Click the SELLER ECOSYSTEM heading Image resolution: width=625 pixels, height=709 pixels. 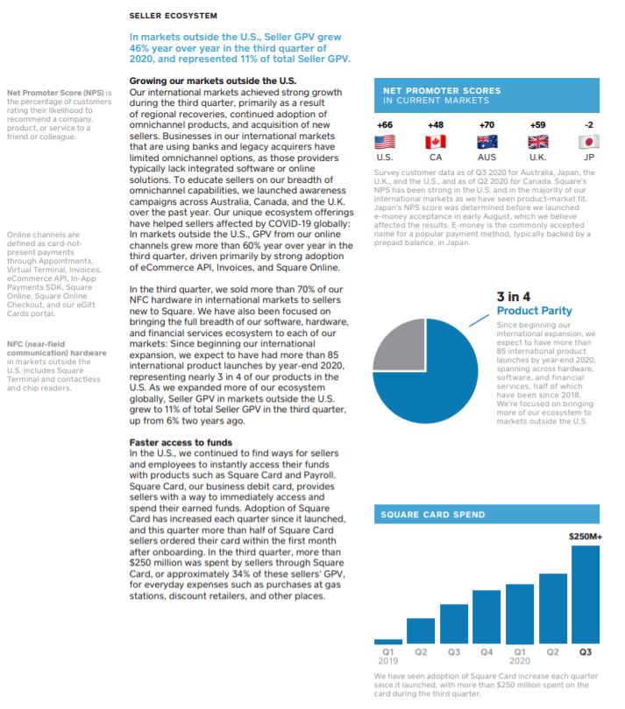[x=173, y=16]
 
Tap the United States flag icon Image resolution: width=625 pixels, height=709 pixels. [x=384, y=142]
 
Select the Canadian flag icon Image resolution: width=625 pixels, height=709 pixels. [x=436, y=142]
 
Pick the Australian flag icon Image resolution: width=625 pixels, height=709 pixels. [x=487, y=142]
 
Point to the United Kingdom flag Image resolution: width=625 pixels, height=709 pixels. [x=538, y=142]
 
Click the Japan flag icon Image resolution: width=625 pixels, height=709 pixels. [x=589, y=142]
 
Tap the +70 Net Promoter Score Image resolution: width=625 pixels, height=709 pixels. [x=487, y=125]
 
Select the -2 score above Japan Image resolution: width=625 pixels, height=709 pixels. [x=589, y=125]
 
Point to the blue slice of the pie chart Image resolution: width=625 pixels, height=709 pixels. [x=438, y=385]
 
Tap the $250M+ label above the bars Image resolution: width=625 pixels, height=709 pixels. [x=585, y=536]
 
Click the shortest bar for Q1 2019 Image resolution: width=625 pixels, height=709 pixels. [x=388, y=641]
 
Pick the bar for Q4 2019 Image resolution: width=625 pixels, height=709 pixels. [x=487, y=616]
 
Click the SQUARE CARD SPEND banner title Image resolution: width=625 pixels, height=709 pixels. [x=432, y=515]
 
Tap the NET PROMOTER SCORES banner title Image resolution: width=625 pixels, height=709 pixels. [x=442, y=90]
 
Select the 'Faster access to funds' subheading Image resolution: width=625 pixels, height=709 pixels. [x=181, y=443]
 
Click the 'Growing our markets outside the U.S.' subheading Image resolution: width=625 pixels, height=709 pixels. [x=212, y=81]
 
